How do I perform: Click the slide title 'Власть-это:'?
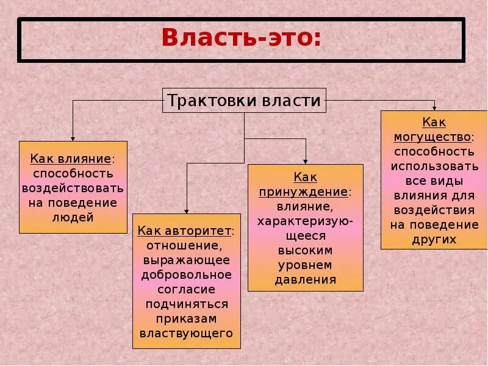(241, 38)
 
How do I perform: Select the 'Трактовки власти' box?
(244, 101)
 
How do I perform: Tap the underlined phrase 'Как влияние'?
(71, 159)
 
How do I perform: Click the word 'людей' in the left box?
(73, 217)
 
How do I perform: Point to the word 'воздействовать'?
(73, 188)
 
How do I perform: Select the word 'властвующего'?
(186, 333)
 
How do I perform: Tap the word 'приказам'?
(186, 318)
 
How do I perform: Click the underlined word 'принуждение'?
(304, 192)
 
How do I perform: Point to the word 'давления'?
(305, 280)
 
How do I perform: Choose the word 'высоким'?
(305, 250)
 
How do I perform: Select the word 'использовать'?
(434, 166)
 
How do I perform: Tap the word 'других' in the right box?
(434, 239)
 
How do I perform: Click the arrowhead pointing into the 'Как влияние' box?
(73, 138)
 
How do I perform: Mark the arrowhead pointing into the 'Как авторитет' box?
(186, 210)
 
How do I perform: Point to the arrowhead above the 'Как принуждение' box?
(305, 161)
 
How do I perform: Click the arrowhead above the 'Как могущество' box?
(434, 108)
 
